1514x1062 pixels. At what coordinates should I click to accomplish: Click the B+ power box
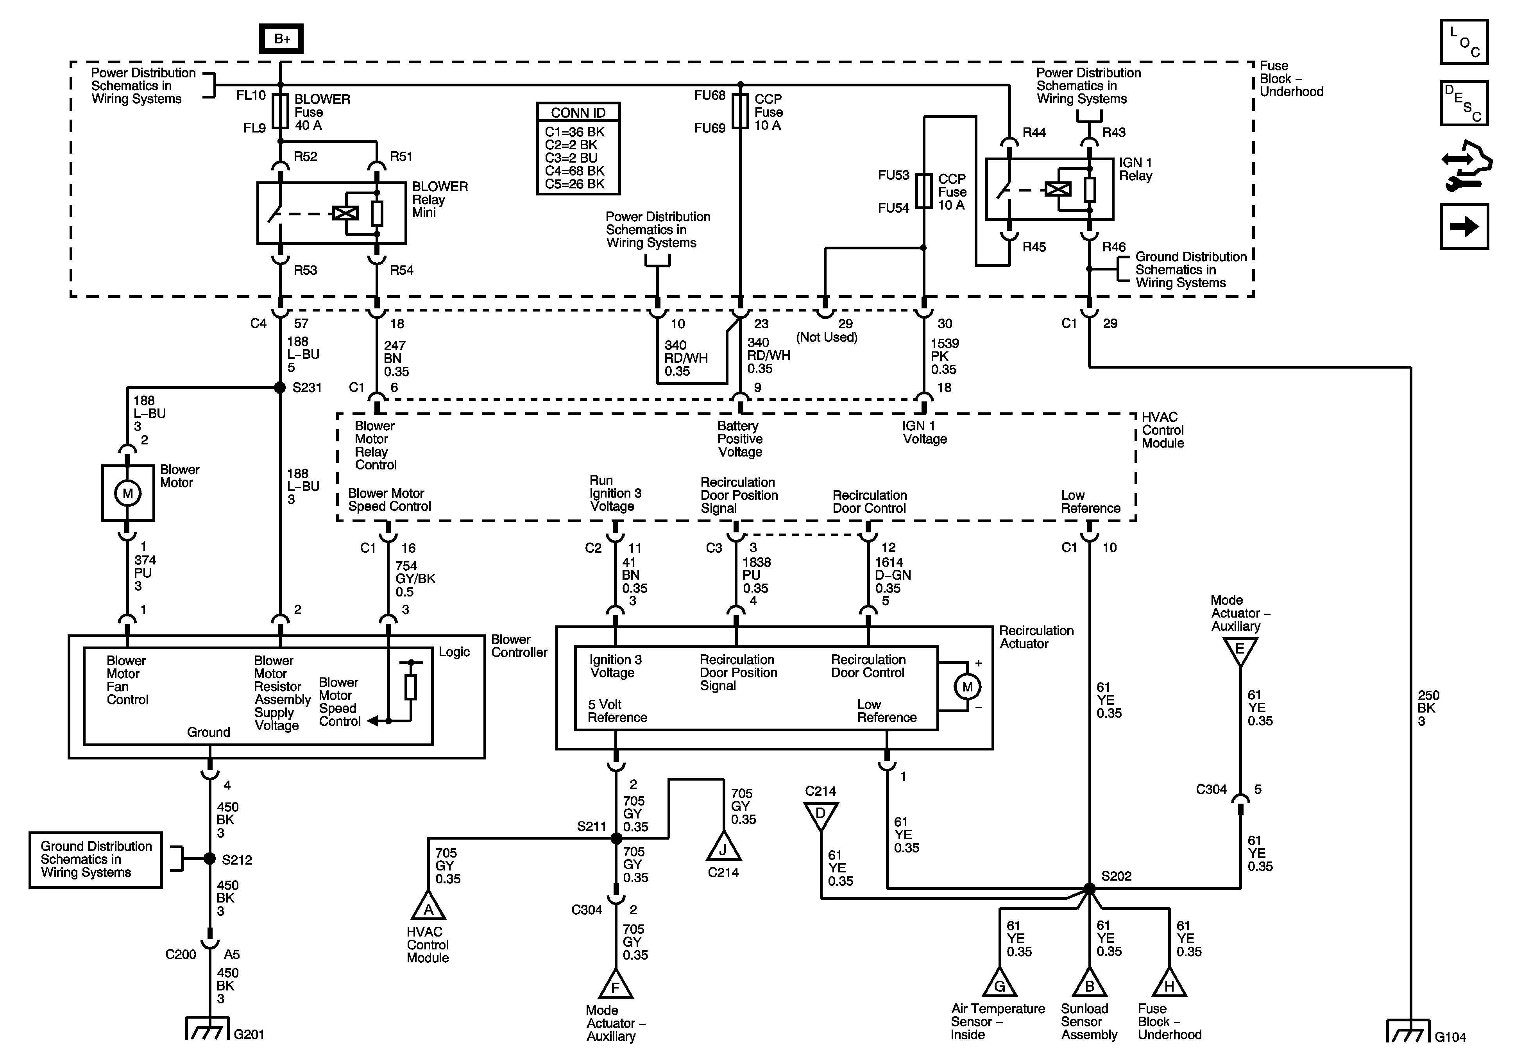(x=281, y=39)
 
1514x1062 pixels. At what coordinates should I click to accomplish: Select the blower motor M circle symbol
(x=127, y=493)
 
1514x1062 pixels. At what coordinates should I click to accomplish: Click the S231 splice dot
(x=280, y=387)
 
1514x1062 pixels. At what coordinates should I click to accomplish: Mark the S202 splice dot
(x=1089, y=888)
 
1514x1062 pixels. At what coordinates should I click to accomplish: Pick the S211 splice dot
(x=616, y=838)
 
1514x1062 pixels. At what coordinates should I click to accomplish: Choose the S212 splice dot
(x=210, y=858)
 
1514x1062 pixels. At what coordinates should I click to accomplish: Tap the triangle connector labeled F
(x=615, y=985)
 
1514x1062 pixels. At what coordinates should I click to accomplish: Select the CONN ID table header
(x=578, y=113)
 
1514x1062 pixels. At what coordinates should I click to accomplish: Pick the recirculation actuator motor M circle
(x=967, y=687)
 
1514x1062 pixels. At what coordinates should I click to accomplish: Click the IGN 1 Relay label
(x=1135, y=169)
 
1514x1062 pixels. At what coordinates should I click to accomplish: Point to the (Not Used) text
(x=827, y=337)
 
